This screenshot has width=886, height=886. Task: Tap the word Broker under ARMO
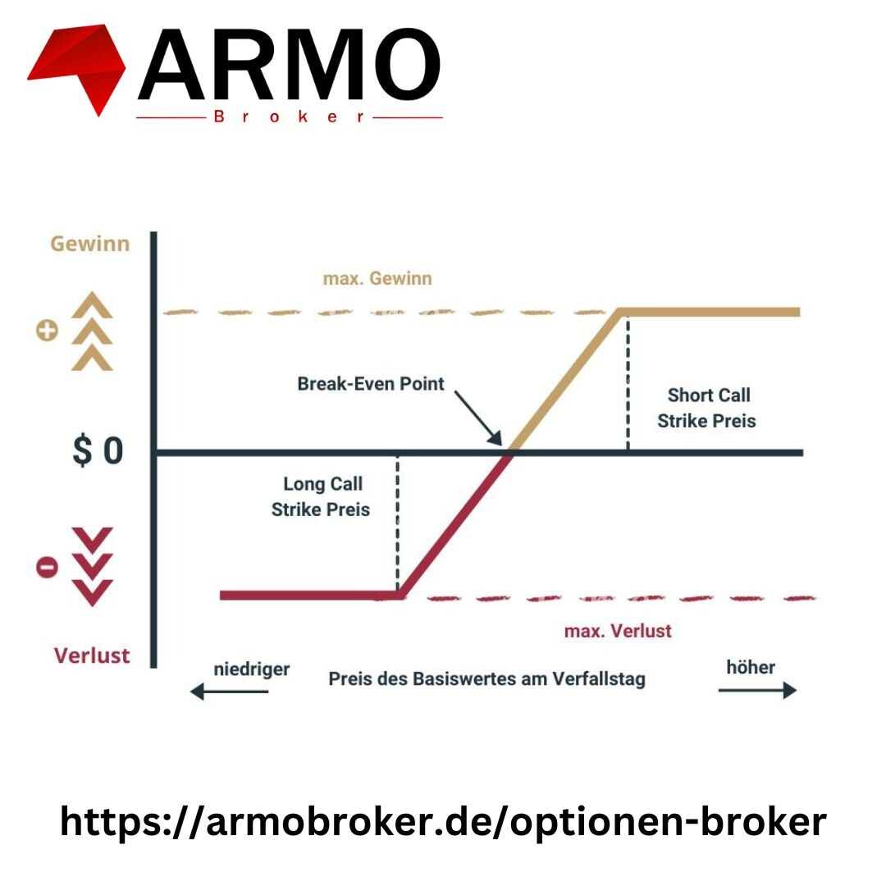pos(289,117)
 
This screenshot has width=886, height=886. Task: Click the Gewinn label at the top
pos(90,244)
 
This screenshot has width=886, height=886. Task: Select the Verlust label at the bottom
pos(92,655)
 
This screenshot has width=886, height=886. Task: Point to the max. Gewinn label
pos(377,278)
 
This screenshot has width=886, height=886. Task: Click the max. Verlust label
pos(619,631)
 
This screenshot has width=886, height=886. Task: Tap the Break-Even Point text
pos(371,384)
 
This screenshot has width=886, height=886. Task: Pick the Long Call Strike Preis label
pos(321,496)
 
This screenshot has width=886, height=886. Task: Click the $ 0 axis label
pos(98,450)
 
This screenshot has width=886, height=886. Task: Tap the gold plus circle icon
pos(47,331)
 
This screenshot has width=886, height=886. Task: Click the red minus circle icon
pos(47,566)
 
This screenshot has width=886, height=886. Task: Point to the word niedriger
pos(252,669)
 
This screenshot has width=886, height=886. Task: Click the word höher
pos(751,667)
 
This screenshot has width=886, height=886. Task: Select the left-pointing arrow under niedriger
pos(229,691)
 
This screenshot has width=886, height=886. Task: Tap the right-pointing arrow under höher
pos(758,690)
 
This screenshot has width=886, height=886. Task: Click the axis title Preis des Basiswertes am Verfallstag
pos(487,678)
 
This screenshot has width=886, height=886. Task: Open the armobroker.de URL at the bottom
pos(443,821)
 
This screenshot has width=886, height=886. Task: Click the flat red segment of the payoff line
pos(309,595)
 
